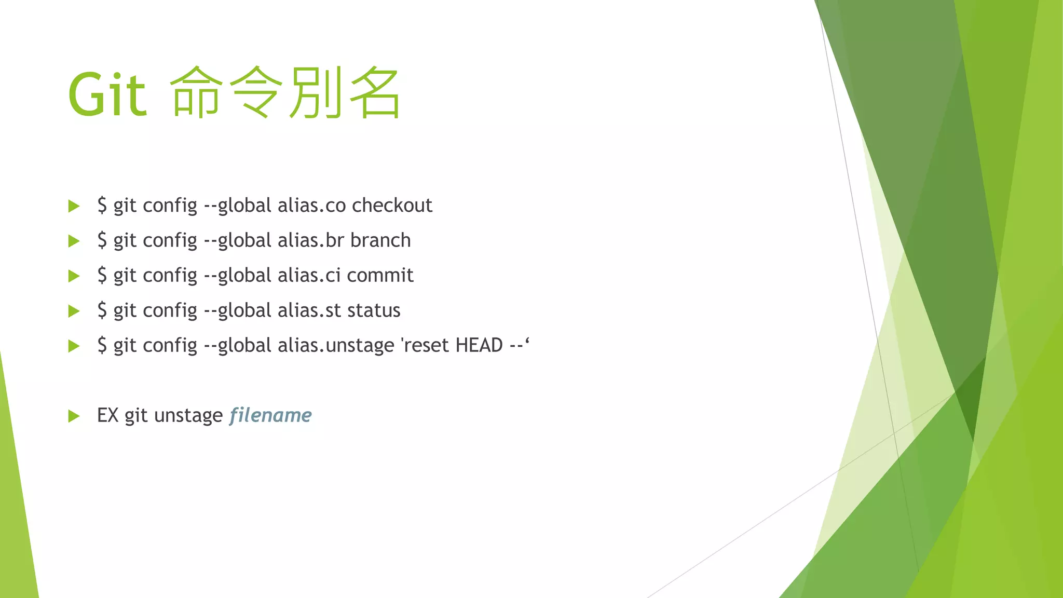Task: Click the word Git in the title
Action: coord(107,95)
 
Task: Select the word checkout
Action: coord(392,206)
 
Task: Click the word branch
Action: coord(380,240)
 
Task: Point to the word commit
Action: coord(380,275)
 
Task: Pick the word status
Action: coord(374,310)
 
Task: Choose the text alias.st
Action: coord(309,310)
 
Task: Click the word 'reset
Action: coord(425,345)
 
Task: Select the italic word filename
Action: coord(270,415)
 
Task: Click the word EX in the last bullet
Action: coord(108,415)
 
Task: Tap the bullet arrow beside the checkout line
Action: coord(74,206)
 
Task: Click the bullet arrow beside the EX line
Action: coord(74,416)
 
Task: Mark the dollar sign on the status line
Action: coord(102,310)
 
